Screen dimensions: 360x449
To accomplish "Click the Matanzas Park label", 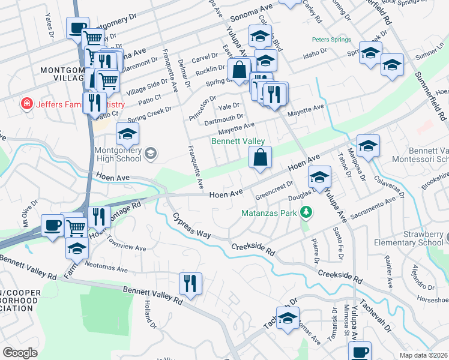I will [x=271, y=212].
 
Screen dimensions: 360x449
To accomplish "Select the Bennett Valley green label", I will [x=238, y=141].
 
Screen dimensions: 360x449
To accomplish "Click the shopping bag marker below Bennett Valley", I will [x=260, y=158].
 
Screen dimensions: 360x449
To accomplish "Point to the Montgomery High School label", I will [x=117, y=154].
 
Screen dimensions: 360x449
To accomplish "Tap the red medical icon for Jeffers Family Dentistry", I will [x=26, y=104].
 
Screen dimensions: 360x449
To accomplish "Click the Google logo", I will [x=20, y=352].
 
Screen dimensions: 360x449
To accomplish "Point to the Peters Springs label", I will [x=330, y=40].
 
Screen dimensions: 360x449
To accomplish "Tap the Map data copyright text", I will [x=423, y=355].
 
